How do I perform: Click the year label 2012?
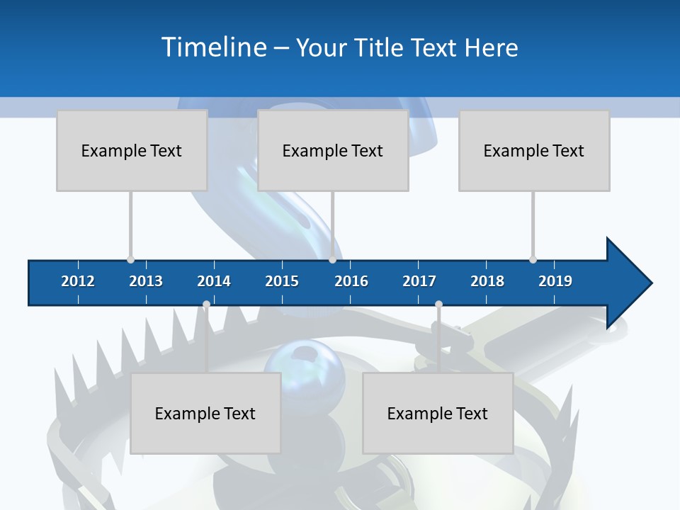78,281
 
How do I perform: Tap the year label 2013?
146,281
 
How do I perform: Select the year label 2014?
214,281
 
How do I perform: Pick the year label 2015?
282,281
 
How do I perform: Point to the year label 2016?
351,281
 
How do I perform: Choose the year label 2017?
419,281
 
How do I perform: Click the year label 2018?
487,281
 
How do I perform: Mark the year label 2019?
555,281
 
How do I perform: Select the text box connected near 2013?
132,150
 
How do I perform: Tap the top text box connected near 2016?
333,150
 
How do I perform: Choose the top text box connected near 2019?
534,150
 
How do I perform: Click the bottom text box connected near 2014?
205,413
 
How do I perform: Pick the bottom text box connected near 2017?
438,413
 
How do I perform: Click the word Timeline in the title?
213,47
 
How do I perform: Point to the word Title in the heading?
380,47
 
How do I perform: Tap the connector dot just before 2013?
130,259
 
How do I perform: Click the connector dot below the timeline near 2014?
206,305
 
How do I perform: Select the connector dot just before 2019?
533,259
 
